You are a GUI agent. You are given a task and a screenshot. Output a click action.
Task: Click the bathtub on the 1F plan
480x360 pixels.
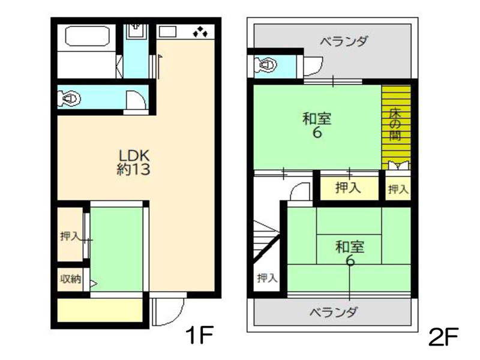pyautogui.click(x=88, y=36)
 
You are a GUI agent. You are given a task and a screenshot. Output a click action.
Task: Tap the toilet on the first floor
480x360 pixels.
pyautogui.click(x=70, y=98)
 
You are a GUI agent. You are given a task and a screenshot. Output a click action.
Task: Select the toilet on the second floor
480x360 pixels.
pyautogui.click(x=266, y=65)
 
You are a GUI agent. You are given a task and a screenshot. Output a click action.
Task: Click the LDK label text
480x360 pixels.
pyautogui.click(x=134, y=155)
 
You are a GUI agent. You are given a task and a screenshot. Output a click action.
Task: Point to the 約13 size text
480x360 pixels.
pyautogui.click(x=133, y=169)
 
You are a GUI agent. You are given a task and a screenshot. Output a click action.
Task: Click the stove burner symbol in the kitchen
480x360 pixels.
pyautogui.click(x=200, y=32)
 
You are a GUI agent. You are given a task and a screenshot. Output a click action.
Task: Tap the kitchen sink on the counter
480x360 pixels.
pyautogui.click(x=167, y=32)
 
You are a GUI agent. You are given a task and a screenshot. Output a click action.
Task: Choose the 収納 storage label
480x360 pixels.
pyautogui.click(x=71, y=279)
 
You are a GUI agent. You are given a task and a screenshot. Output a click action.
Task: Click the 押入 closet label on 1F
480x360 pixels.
pyautogui.click(x=70, y=236)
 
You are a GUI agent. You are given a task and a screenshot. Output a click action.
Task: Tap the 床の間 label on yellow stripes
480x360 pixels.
pyautogui.click(x=395, y=125)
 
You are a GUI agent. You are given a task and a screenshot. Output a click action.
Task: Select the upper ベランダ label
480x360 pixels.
pyautogui.click(x=344, y=41)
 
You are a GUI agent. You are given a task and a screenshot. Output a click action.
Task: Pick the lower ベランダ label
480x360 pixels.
pyautogui.click(x=333, y=313)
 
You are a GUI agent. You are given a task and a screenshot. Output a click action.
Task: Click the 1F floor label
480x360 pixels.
pyautogui.click(x=199, y=335)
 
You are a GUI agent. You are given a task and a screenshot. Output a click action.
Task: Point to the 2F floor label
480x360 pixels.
pyautogui.click(x=443, y=337)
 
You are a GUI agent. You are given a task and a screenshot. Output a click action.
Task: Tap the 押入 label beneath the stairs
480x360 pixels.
pyautogui.click(x=267, y=278)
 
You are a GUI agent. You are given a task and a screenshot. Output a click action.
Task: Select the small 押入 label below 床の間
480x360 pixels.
pyautogui.click(x=398, y=190)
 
